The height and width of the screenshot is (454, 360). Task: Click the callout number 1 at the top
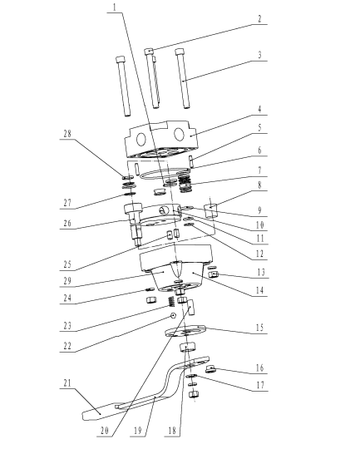click(115, 7)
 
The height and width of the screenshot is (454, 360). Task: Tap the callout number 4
click(259, 109)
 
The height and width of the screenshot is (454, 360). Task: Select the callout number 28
click(67, 134)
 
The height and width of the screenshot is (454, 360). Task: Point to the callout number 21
click(67, 383)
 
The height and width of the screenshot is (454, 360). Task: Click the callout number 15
click(259, 328)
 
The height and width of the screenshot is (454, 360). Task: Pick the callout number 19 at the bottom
click(138, 431)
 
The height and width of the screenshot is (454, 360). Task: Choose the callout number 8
click(259, 185)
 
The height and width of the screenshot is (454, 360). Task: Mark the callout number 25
click(67, 264)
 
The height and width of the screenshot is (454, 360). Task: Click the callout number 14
click(259, 290)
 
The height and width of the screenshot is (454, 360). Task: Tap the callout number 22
click(67, 346)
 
